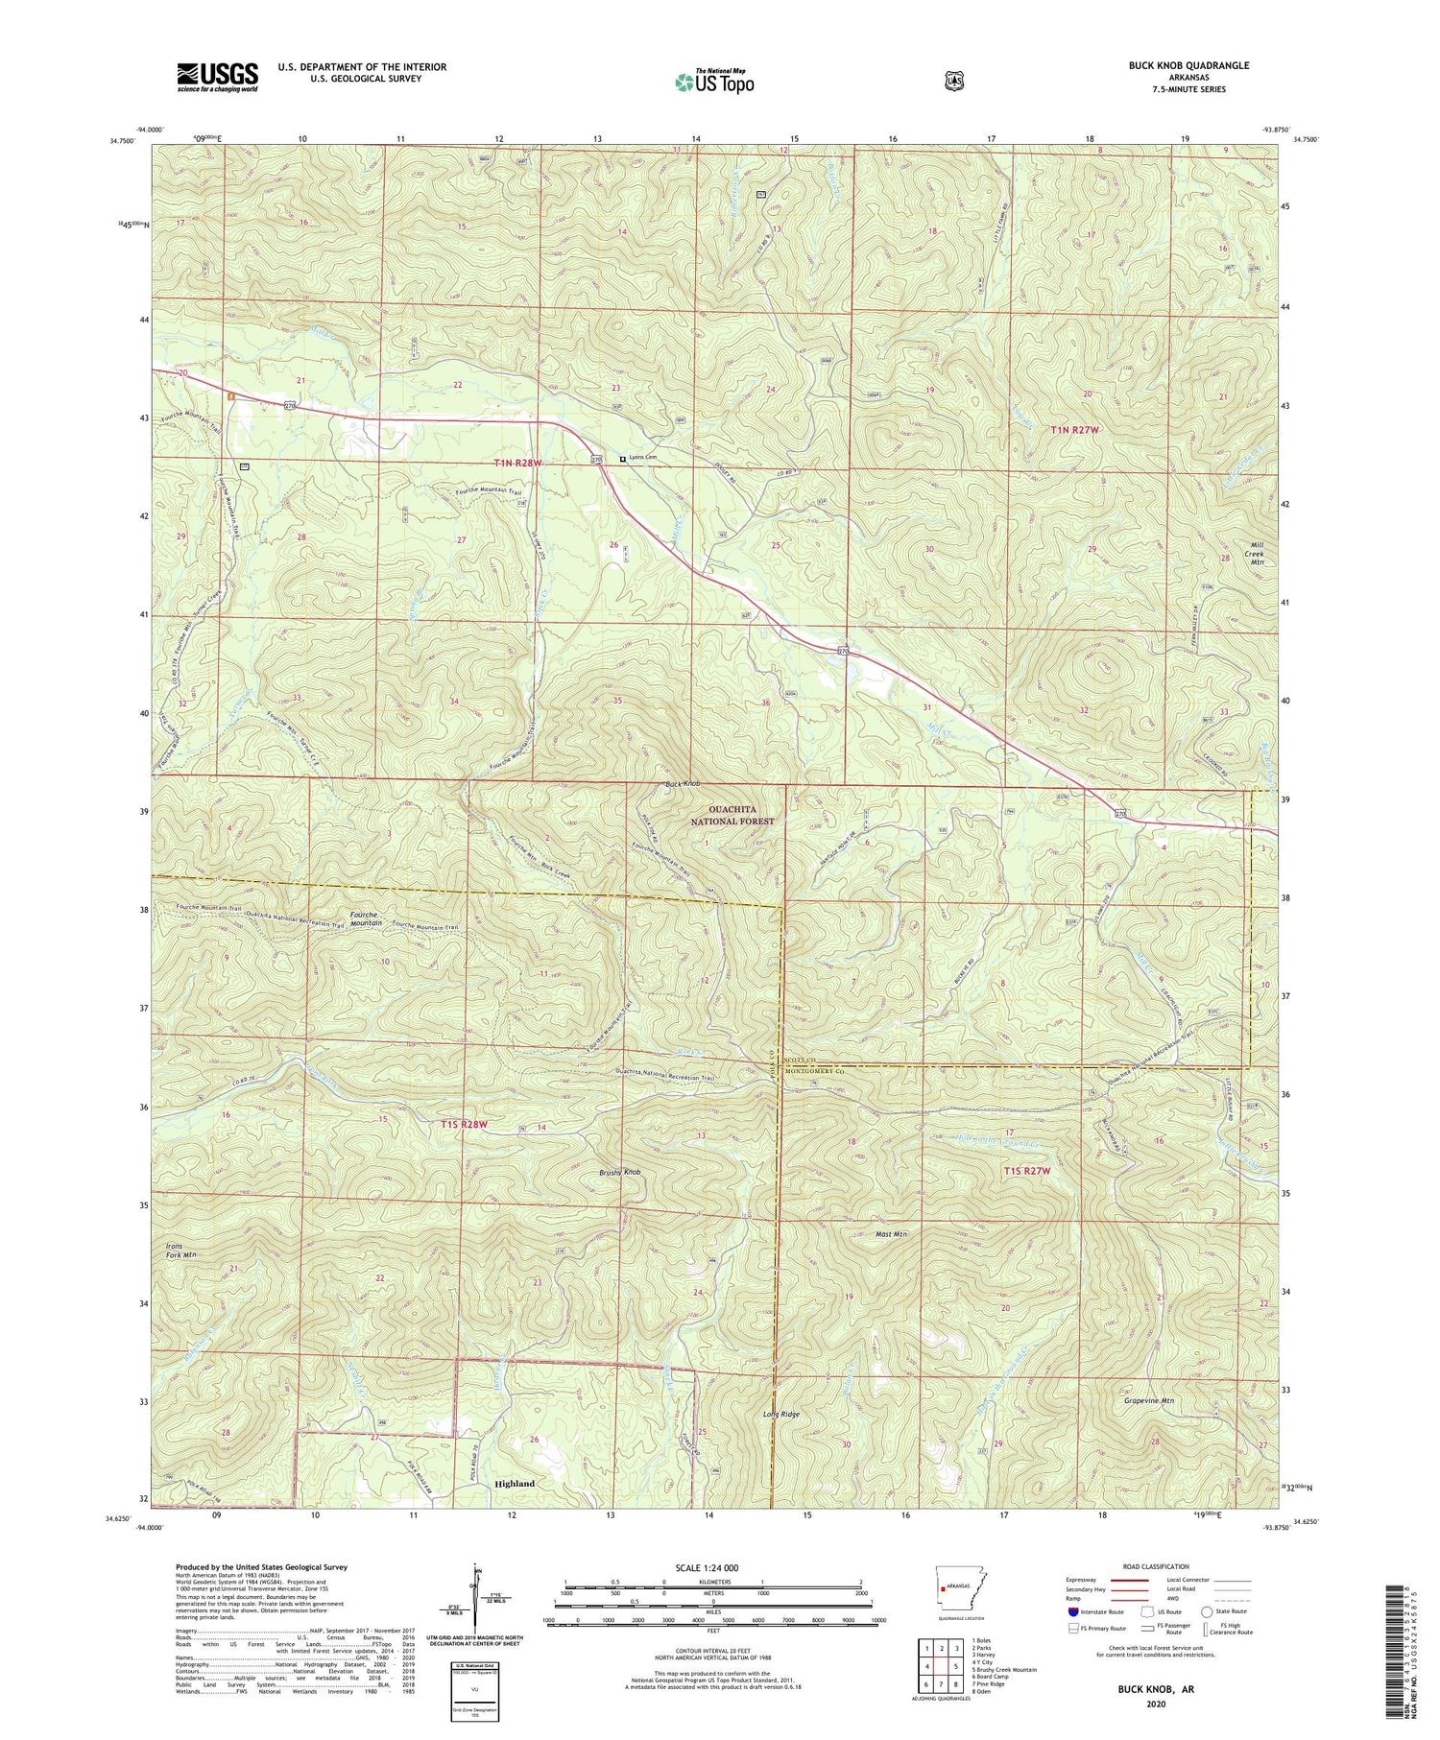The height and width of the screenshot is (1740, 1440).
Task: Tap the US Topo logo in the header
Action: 714,82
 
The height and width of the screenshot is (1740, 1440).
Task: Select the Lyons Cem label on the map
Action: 650,459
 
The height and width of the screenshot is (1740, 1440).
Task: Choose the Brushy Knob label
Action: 619,1173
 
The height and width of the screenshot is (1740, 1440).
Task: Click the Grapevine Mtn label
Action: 1148,1400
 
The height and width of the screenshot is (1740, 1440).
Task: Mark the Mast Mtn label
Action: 892,1234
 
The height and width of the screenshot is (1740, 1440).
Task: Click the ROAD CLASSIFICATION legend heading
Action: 1152,1566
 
